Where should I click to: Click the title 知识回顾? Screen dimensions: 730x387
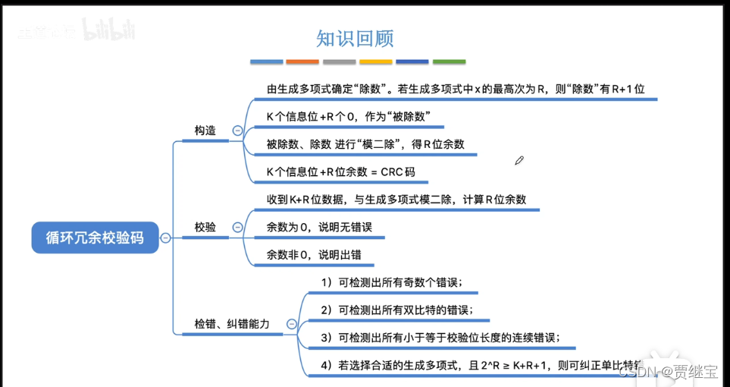355,39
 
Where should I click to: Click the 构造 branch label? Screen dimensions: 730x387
205,131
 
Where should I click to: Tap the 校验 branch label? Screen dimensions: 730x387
205,227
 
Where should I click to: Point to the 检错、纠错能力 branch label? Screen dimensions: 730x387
232,324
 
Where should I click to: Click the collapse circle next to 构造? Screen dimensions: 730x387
237,131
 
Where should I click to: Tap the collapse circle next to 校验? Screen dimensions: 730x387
237,227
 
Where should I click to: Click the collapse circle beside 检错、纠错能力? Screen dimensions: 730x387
291,324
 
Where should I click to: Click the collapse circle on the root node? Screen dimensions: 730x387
165,238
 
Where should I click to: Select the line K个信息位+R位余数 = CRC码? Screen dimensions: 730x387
341,172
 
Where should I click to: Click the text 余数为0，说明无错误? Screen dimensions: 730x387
319,227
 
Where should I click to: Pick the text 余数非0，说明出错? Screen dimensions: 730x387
314,255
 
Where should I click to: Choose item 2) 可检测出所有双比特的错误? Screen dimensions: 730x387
396,310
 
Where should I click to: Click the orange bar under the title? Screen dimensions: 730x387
302,61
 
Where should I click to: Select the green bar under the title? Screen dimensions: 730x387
449,61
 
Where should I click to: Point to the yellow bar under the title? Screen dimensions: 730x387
376,61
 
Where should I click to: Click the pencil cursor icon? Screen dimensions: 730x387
519,160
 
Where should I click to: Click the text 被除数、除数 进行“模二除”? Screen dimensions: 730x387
365,144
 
